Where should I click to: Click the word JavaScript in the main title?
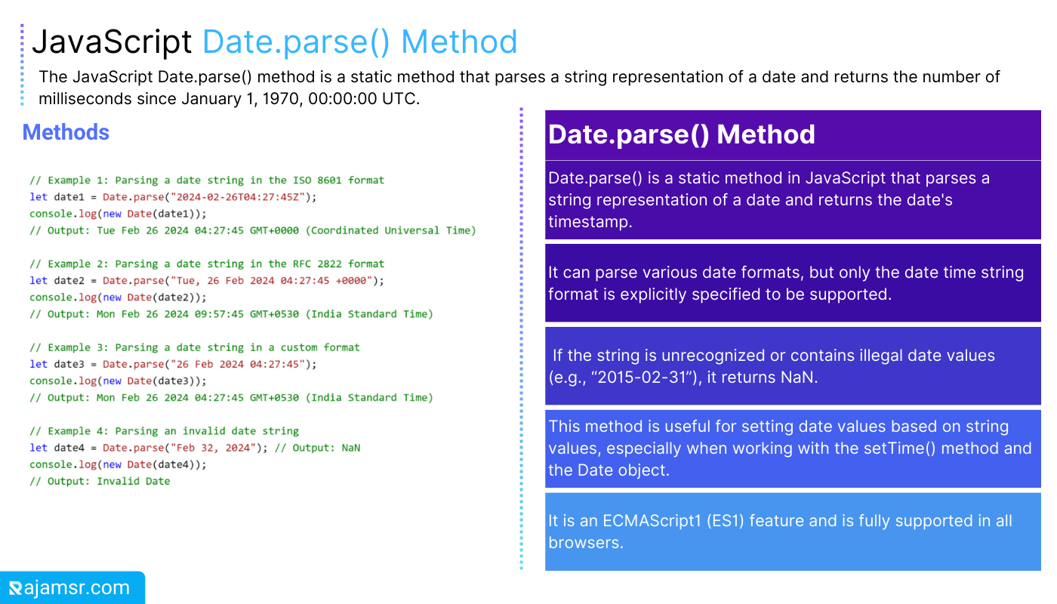[112, 42]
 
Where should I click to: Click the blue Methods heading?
[66, 132]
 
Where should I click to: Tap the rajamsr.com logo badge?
[72, 587]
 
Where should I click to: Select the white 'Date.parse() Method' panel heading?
[681, 134]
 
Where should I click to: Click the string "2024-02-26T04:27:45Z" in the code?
[237, 197]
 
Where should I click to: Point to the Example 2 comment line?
[207, 263]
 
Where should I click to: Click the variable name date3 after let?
[69, 364]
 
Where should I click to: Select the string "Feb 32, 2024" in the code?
[213, 448]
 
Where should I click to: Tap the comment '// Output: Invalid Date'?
[100, 482]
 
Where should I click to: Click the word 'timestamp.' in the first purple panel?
[590, 222]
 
